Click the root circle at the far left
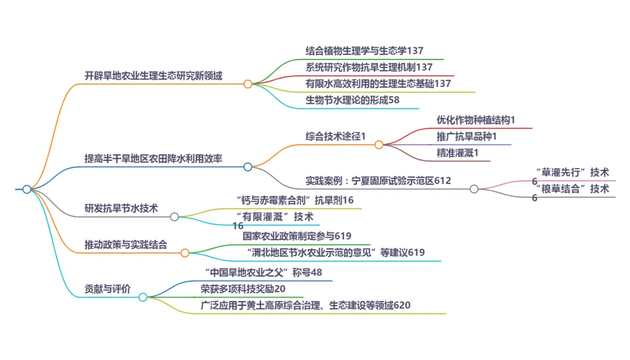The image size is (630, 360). (x=27, y=189)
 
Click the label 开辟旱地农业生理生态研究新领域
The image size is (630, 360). (x=153, y=76)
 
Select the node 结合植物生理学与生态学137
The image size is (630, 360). (x=369, y=51)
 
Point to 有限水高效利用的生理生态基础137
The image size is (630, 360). (x=378, y=83)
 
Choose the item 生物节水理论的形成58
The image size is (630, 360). (x=353, y=100)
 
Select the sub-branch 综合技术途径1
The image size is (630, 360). (x=335, y=136)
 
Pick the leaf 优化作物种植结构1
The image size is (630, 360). (x=476, y=120)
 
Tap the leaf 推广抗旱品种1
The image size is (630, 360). (x=467, y=137)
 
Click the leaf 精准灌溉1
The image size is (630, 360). (x=457, y=153)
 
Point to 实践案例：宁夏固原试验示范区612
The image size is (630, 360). (x=379, y=181)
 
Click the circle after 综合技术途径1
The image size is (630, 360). (x=379, y=144)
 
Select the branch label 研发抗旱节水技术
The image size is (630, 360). (x=121, y=208)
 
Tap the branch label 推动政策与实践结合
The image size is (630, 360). (x=126, y=244)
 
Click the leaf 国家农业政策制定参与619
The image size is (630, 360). (x=297, y=236)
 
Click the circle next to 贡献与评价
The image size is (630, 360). (x=143, y=297)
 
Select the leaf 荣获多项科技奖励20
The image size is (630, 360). (x=243, y=289)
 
